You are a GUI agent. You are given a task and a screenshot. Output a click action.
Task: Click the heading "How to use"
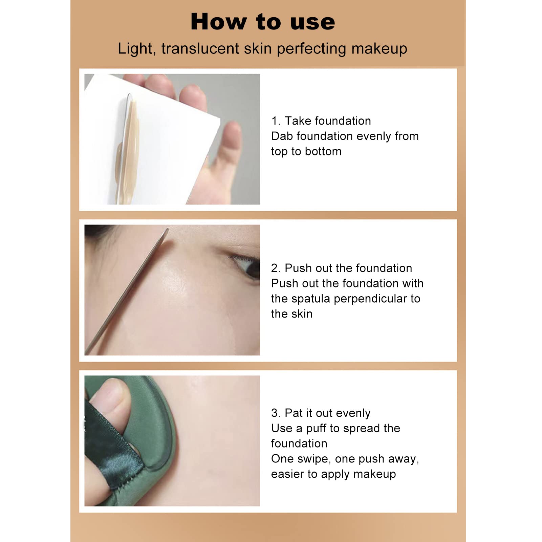pyautogui.click(x=263, y=22)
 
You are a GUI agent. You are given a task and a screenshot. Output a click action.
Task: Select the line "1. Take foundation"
pyautogui.click(x=321, y=121)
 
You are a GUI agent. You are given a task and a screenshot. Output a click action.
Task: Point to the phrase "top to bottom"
pyautogui.click(x=306, y=152)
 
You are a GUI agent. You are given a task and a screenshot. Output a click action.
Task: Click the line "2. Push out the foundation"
pyautogui.click(x=342, y=268)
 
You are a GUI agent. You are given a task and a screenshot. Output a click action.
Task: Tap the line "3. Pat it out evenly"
pyautogui.click(x=321, y=413)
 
